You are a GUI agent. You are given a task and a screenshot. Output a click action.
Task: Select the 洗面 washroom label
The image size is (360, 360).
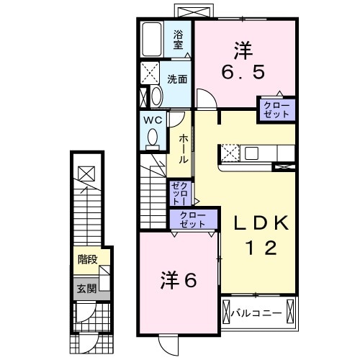pyautogui.click(x=178, y=78)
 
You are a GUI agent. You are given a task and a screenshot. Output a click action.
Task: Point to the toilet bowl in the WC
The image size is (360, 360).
pyautogui.click(x=152, y=136)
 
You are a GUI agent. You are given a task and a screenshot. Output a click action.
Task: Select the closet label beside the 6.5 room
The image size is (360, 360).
pyautogui.click(x=277, y=109)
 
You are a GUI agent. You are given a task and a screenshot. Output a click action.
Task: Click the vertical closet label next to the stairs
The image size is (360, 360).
pyautogui.click(x=179, y=194)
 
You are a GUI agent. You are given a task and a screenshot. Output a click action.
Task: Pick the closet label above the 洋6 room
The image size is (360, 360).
pyautogui.click(x=192, y=220)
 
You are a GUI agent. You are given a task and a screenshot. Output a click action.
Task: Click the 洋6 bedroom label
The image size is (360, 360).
pyautogui.click(x=178, y=279)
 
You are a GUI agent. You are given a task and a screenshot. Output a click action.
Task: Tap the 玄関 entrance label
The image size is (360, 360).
pyautogui.click(x=85, y=289)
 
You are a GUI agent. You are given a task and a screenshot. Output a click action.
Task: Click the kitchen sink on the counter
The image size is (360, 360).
pyautogui.click(x=252, y=153)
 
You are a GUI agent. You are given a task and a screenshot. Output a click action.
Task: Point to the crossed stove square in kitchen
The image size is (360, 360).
pyautogui.click(x=230, y=152)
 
